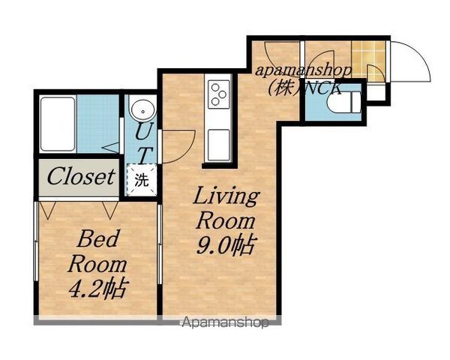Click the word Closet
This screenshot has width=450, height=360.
(x=81, y=176)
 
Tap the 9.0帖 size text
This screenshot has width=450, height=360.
(x=226, y=246)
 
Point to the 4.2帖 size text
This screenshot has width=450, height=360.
(x=97, y=288)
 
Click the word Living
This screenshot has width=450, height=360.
(x=226, y=197)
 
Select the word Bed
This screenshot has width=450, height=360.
(x=97, y=238)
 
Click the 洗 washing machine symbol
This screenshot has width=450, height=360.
(x=142, y=180)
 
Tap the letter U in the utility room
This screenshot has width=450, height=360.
(x=142, y=131)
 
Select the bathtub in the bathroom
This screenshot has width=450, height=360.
(x=58, y=124)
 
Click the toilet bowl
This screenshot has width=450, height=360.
(x=343, y=102)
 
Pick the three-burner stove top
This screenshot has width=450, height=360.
(x=219, y=94)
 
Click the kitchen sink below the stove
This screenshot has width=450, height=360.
(x=219, y=145)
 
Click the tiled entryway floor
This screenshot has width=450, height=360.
(x=368, y=61)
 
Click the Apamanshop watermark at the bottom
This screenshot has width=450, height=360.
(x=225, y=322)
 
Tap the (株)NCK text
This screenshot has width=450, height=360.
(x=304, y=88)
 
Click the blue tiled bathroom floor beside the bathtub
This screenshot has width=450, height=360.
(x=97, y=124)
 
